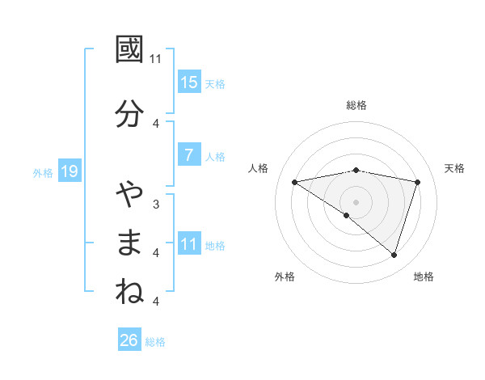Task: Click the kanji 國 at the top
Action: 130,50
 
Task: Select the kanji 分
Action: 130,114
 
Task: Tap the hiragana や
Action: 130,195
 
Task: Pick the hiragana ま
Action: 130,243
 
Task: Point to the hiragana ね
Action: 130,292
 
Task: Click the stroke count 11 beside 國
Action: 156,59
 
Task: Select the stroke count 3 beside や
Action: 156,204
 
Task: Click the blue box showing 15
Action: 189,82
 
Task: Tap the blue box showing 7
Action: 189,155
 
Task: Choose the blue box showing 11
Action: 189,243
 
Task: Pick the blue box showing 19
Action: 69,171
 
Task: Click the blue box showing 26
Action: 129,340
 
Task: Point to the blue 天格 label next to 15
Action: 215,83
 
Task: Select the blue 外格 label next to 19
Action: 43,172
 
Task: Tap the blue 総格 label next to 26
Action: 155,341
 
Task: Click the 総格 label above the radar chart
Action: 356,105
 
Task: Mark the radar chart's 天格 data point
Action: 418,182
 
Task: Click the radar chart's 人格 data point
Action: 295,182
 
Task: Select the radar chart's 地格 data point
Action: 394,255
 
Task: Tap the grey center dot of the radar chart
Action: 356,201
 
